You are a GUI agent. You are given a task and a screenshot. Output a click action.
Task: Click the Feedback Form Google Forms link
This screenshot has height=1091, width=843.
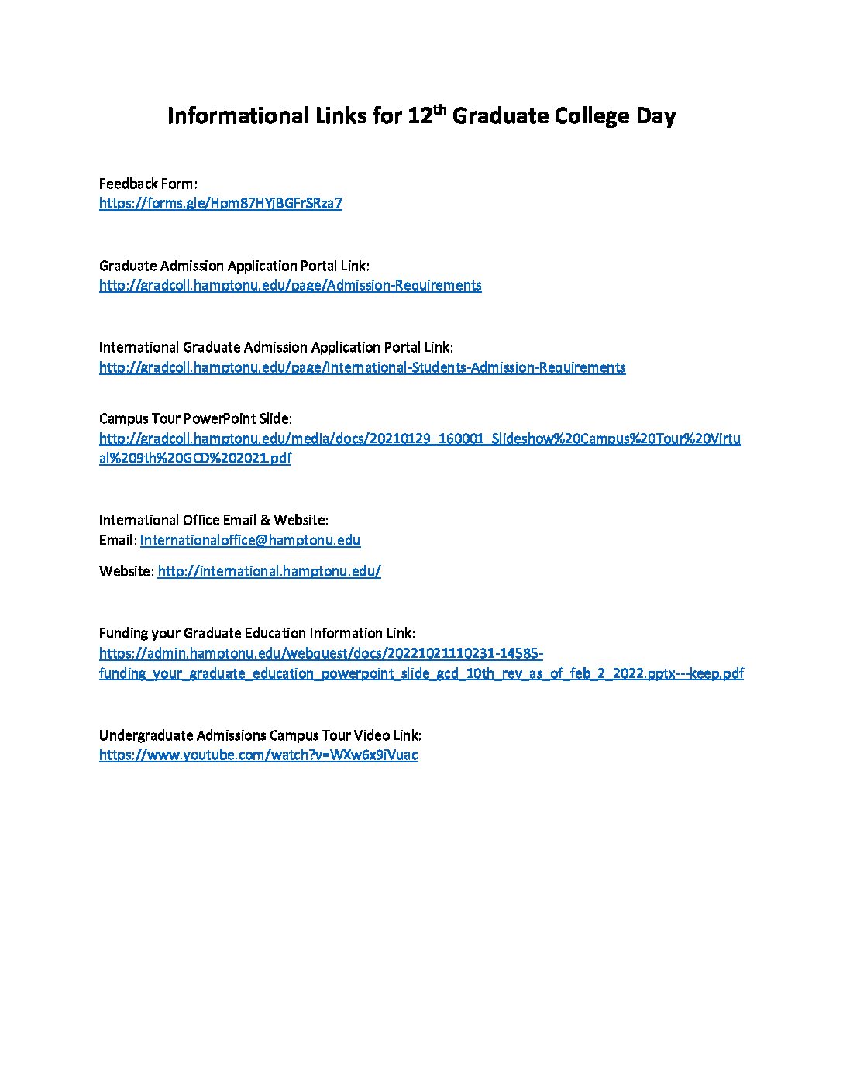(220, 204)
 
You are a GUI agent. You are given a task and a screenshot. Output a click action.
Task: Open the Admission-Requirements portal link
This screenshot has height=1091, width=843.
(290, 285)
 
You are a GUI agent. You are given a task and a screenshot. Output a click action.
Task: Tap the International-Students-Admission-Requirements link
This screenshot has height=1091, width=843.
(362, 367)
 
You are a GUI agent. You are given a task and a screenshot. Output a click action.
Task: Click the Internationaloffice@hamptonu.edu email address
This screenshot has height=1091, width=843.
(249, 540)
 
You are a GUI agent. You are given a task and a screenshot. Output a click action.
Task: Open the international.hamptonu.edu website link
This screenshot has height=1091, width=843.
(269, 572)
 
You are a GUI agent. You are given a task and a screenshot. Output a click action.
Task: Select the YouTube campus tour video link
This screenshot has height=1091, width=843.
(258, 755)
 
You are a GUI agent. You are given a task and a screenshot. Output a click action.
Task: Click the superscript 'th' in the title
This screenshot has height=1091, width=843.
(439, 109)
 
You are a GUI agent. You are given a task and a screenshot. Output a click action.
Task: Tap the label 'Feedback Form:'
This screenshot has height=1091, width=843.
(148, 184)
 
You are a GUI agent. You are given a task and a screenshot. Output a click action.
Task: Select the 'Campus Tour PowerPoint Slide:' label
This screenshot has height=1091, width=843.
(195, 418)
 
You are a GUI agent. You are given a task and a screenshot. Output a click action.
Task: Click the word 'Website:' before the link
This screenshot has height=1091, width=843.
(126, 572)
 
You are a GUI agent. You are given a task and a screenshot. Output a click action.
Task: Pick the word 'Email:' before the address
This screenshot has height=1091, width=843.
(118, 540)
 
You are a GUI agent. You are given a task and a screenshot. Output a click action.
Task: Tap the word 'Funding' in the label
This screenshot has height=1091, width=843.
(122, 633)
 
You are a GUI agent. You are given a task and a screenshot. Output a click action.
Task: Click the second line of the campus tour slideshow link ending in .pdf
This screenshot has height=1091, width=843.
(195, 458)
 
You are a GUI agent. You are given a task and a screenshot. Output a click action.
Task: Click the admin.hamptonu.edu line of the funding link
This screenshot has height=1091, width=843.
(321, 653)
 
